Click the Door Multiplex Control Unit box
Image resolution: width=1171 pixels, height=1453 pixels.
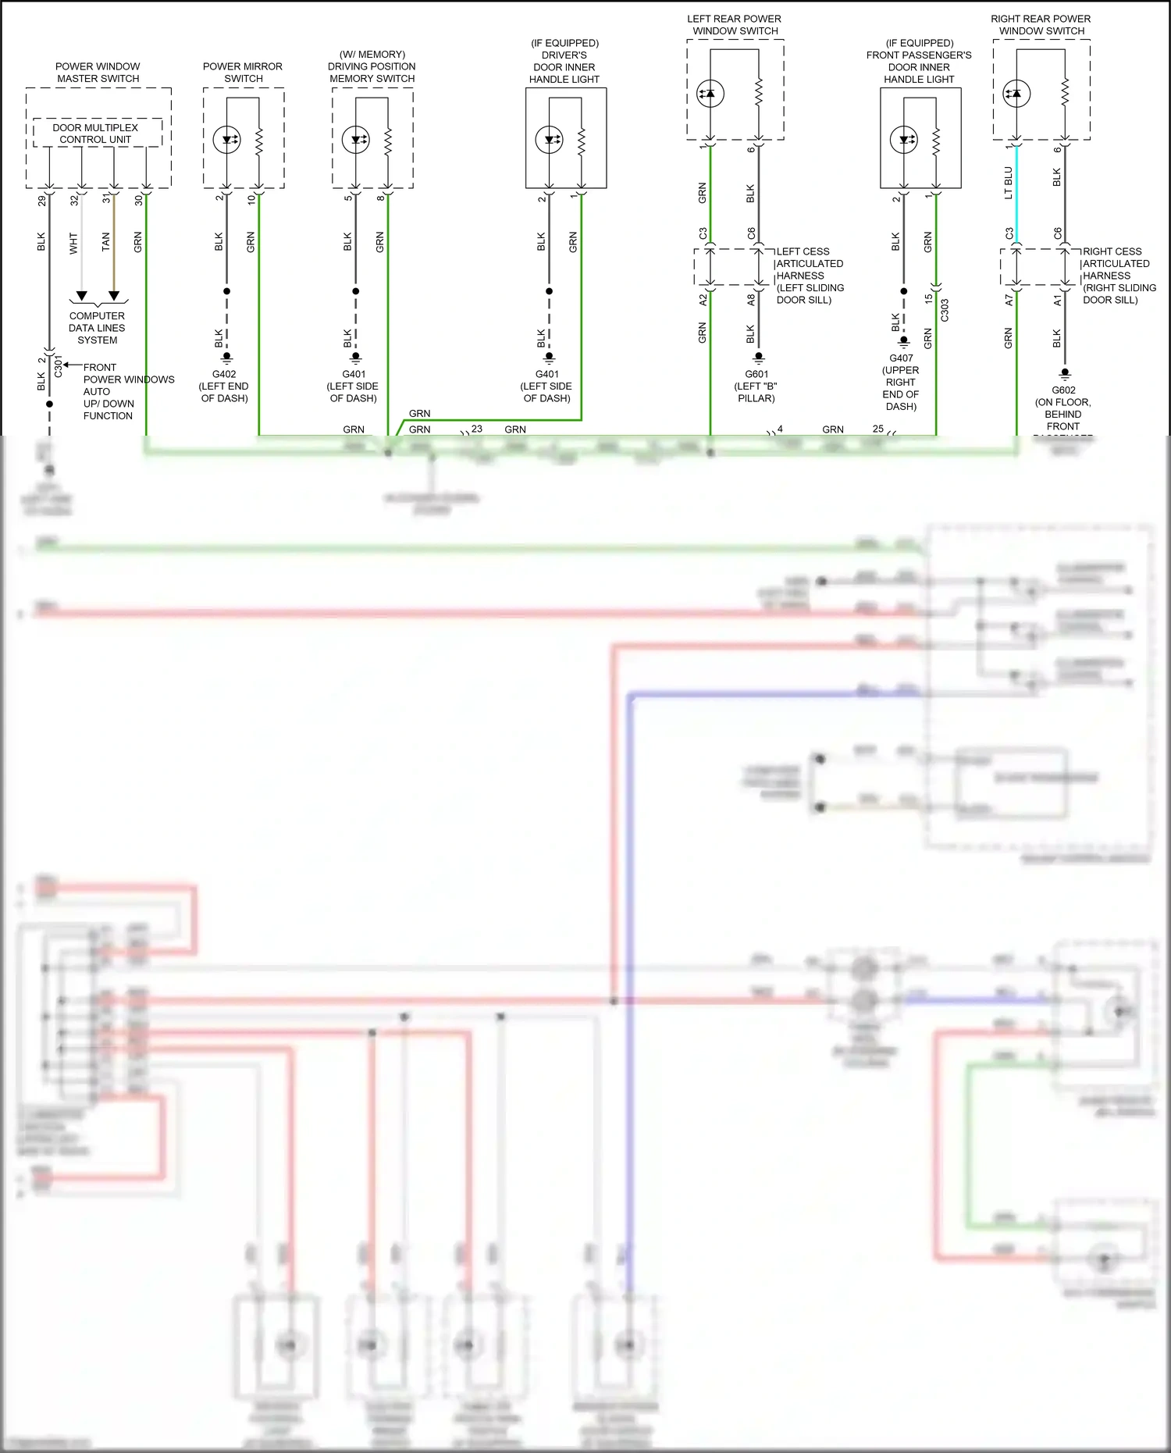(x=97, y=133)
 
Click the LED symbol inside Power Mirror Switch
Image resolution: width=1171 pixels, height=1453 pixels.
(x=228, y=140)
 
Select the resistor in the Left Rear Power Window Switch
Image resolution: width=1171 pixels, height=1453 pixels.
(x=758, y=94)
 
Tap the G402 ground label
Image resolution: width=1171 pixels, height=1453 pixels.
(x=224, y=374)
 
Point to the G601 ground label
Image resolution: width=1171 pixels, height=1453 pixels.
(x=756, y=374)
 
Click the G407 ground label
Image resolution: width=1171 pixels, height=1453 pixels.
(x=901, y=358)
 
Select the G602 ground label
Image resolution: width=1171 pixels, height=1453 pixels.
(x=1063, y=390)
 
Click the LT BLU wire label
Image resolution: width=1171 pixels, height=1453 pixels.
(x=1008, y=183)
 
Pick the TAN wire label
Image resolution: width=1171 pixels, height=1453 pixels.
(x=106, y=242)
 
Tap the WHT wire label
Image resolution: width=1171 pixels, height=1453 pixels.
(x=73, y=243)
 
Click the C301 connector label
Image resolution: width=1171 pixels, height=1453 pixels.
(x=59, y=366)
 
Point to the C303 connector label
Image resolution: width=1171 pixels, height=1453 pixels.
(x=945, y=310)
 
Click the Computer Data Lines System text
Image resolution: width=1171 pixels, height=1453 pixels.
(x=97, y=328)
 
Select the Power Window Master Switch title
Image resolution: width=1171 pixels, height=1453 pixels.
(x=98, y=73)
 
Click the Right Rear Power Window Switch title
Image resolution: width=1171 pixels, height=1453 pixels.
(x=1041, y=24)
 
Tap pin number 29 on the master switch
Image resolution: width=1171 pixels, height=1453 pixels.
(x=41, y=201)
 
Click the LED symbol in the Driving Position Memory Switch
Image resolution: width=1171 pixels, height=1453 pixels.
(x=357, y=140)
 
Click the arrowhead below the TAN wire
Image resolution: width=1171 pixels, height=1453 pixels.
(x=114, y=296)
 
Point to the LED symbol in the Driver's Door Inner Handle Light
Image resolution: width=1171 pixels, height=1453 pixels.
(x=550, y=140)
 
